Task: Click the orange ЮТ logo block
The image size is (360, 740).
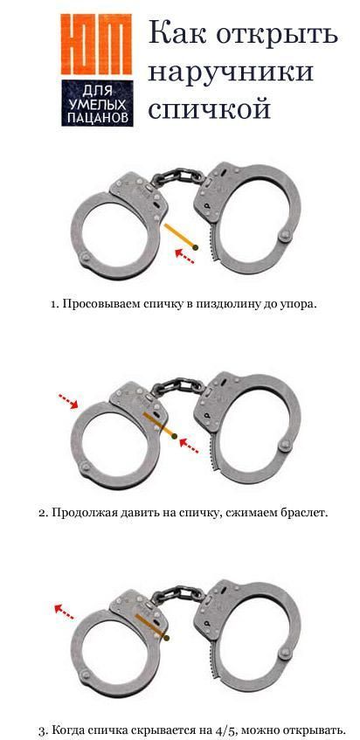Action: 96,44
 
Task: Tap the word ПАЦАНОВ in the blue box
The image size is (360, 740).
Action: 97,118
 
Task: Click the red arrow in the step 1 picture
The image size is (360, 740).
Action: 184,256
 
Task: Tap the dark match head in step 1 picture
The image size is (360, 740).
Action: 196,247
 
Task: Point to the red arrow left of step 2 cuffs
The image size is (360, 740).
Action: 68,401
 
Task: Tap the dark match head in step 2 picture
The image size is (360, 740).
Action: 175,437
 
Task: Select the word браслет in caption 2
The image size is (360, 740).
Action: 305,513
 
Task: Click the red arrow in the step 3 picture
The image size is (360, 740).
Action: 64,612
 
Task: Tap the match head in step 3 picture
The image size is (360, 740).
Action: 166,638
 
